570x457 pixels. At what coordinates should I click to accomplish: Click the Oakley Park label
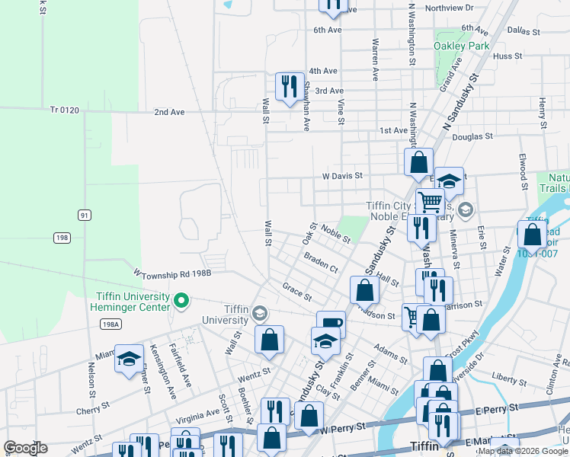tap(461, 46)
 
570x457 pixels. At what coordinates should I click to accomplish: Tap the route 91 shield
tap(84, 216)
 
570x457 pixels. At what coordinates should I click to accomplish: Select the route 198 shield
tap(62, 238)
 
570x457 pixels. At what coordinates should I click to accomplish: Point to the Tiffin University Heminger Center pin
tap(181, 302)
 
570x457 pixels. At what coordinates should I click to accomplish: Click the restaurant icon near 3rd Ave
tap(289, 85)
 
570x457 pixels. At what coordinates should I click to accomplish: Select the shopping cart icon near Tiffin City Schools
tap(430, 202)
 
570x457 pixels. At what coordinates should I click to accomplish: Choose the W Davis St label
tap(341, 176)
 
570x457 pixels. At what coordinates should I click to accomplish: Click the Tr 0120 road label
tap(65, 110)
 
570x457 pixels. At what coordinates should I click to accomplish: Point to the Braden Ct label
tap(321, 263)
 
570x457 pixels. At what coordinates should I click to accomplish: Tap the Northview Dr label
tap(450, 8)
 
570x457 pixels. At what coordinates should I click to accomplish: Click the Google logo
tap(25, 448)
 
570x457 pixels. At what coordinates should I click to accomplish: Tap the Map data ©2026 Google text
tap(523, 451)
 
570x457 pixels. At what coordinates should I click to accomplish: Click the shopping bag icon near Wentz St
tap(270, 340)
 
